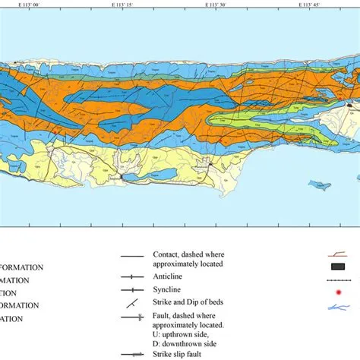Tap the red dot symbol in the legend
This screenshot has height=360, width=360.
(x=338, y=292)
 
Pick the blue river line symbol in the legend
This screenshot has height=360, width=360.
(x=338, y=308)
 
